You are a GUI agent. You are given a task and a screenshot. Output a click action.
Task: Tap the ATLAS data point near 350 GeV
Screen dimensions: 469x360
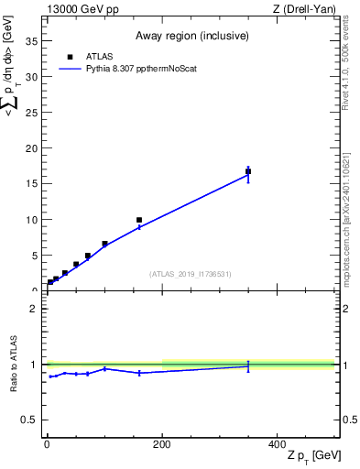pyautogui.click(x=248, y=171)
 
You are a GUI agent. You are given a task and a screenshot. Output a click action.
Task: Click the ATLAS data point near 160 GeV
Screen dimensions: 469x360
pyautogui.click(x=139, y=220)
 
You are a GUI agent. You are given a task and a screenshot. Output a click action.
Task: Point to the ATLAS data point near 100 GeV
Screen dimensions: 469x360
pyautogui.click(x=104, y=244)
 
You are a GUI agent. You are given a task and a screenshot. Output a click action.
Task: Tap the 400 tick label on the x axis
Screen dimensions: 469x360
pyautogui.click(x=277, y=443)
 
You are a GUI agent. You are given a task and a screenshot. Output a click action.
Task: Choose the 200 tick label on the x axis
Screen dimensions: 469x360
pyautogui.click(x=162, y=443)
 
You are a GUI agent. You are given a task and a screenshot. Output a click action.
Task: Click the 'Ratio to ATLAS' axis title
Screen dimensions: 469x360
pyautogui.click(x=13, y=365)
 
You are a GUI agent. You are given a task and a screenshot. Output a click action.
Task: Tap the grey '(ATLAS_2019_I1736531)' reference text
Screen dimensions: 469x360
pyautogui.click(x=191, y=274)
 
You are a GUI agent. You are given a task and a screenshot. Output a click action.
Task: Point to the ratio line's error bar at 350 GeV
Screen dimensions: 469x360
pyautogui.click(x=248, y=365)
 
